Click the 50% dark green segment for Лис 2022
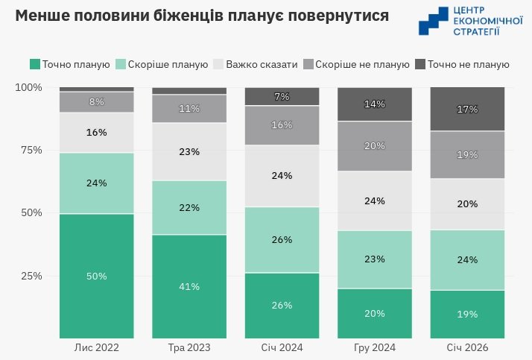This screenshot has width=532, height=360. pyautogui.click(x=96, y=276)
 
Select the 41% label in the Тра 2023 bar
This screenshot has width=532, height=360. pyautogui.click(x=189, y=286)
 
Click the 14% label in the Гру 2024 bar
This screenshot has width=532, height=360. pyautogui.click(x=375, y=104)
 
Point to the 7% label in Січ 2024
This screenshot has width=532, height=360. pyautogui.click(x=282, y=97)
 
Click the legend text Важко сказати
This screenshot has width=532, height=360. pyautogui.click(x=261, y=64)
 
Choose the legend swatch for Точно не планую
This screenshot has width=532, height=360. pyautogui.click(x=421, y=64)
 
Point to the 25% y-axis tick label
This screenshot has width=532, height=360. pyautogui.click(x=31, y=276)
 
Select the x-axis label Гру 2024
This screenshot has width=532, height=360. pyautogui.click(x=375, y=347)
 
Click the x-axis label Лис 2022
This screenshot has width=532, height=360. pyautogui.click(x=96, y=347)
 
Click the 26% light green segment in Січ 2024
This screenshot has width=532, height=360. pyautogui.click(x=282, y=240)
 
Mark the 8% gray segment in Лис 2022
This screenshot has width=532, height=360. pyautogui.click(x=96, y=101)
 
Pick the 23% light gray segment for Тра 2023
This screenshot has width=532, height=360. pyautogui.click(x=189, y=152)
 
